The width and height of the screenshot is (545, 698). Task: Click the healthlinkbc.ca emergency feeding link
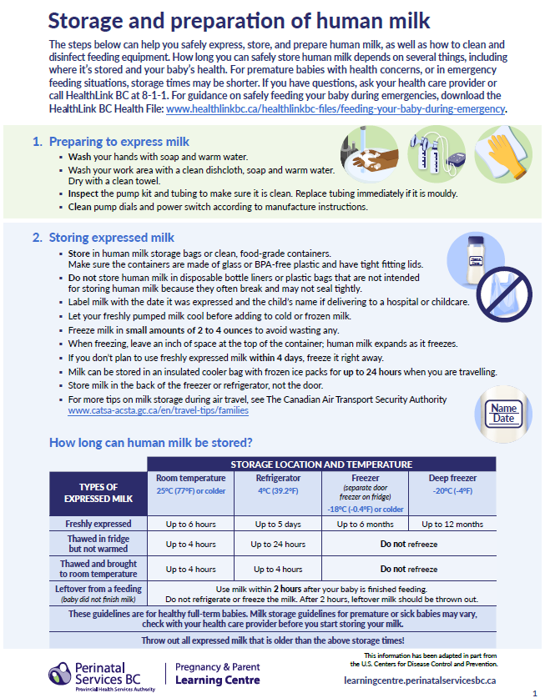click(336, 108)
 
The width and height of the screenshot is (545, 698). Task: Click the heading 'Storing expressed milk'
click(111, 238)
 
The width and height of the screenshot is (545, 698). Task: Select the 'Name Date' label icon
click(503, 413)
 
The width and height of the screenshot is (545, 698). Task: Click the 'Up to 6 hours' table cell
click(190, 525)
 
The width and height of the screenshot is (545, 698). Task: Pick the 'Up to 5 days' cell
click(277, 525)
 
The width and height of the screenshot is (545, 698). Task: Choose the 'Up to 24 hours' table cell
click(277, 545)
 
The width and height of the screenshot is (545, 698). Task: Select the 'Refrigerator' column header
click(277, 479)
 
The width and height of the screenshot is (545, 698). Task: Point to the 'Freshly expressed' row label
click(99, 525)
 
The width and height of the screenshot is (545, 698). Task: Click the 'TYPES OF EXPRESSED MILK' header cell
click(98, 493)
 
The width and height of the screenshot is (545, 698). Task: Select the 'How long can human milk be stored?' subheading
click(150, 442)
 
